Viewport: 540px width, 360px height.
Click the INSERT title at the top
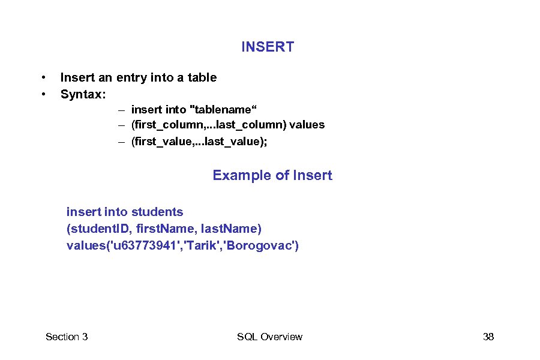(x=268, y=47)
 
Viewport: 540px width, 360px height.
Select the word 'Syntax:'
(x=83, y=94)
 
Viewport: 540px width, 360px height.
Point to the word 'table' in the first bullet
(x=202, y=77)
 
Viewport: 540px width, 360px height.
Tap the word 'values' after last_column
(x=308, y=125)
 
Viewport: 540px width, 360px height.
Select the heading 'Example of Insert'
(x=272, y=175)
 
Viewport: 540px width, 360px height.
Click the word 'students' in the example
(x=158, y=212)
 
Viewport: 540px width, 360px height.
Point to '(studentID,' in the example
(x=100, y=229)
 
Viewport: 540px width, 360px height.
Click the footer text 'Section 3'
(x=67, y=337)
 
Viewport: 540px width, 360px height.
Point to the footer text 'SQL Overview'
(x=269, y=337)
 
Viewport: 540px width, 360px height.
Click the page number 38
(x=488, y=337)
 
